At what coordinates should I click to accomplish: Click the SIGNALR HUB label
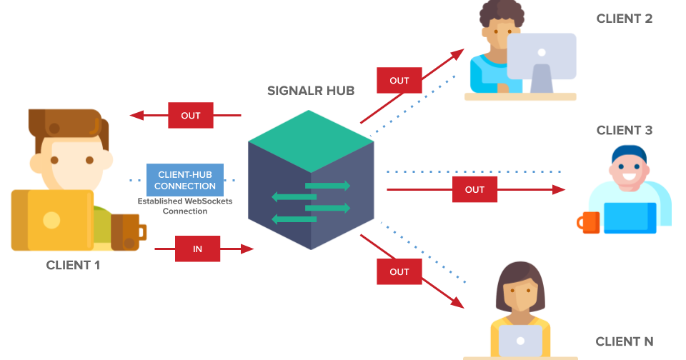(310, 91)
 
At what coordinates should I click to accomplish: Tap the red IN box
(197, 249)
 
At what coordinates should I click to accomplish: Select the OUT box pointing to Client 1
(191, 115)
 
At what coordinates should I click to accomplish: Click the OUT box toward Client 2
(399, 81)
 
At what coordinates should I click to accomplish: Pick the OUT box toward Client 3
(474, 189)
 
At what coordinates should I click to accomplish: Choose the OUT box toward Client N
(399, 271)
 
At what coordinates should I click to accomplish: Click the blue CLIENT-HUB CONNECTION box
(185, 180)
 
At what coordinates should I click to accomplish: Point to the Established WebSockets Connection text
(184, 206)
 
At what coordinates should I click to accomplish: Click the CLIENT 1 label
(73, 265)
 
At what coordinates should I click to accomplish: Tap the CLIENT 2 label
(624, 19)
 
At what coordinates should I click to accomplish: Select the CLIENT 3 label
(624, 130)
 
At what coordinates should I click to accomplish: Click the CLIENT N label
(624, 341)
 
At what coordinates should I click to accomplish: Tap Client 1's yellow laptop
(52, 220)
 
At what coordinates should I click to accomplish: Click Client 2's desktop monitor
(542, 56)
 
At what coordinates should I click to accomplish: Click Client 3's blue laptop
(630, 218)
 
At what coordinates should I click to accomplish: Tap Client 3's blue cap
(629, 153)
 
